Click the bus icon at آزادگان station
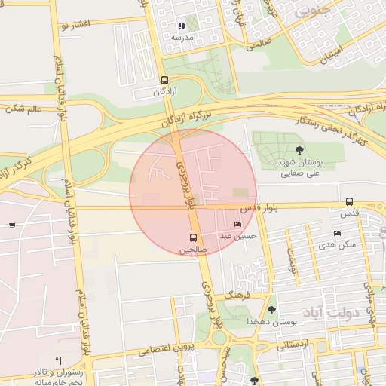(165, 80)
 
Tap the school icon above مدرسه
(182, 26)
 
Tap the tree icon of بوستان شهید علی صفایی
(301, 150)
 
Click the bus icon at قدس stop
(349, 201)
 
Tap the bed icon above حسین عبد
(239, 225)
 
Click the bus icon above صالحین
(192, 237)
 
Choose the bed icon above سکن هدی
(337, 233)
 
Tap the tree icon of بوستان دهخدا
(271, 309)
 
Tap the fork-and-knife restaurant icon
(59, 360)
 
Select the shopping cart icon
(11, 225)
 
